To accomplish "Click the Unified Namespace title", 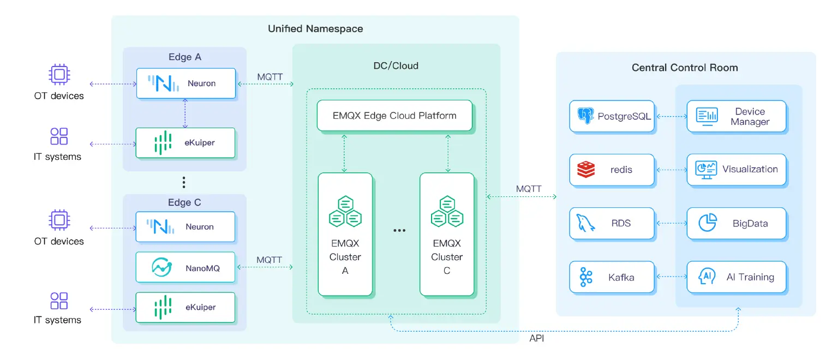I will click(x=315, y=28).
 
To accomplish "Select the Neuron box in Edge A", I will click(x=185, y=83).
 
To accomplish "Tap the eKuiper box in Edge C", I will click(x=185, y=307).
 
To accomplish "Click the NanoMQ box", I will click(x=185, y=267).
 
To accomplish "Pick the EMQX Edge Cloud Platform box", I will click(x=394, y=116).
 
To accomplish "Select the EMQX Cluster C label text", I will click(x=447, y=257).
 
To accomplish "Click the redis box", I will click(x=612, y=170).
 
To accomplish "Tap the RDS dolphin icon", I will click(x=585, y=223).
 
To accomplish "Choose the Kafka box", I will click(x=612, y=277).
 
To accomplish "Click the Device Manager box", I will click(x=736, y=116).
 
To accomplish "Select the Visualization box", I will click(x=736, y=170).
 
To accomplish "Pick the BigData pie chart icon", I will click(x=708, y=223).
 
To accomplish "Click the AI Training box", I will click(x=736, y=277).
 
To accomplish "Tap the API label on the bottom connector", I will click(x=537, y=339).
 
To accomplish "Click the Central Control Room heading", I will click(x=685, y=68).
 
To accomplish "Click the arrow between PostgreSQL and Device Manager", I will click(x=671, y=116).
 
